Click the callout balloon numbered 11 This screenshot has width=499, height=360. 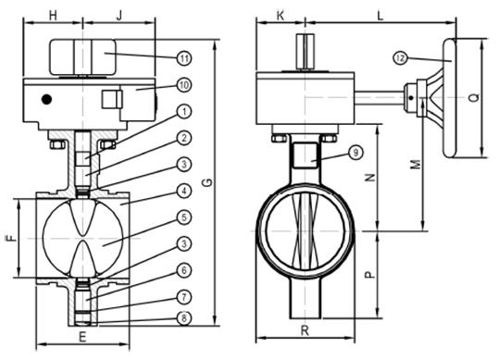coord(184,58)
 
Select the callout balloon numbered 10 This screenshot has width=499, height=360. coord(184,85)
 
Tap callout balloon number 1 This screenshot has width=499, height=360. coord(184,111)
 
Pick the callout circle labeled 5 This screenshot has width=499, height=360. coord(184,217)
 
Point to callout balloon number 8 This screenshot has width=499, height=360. coord(184,318)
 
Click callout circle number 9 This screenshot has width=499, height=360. coord(356,153)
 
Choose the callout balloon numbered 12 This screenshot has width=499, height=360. coord(400,58)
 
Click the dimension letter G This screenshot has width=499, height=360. coord(207,183)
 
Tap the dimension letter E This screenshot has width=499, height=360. coord(82,337)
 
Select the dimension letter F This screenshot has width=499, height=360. coord(12,238)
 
